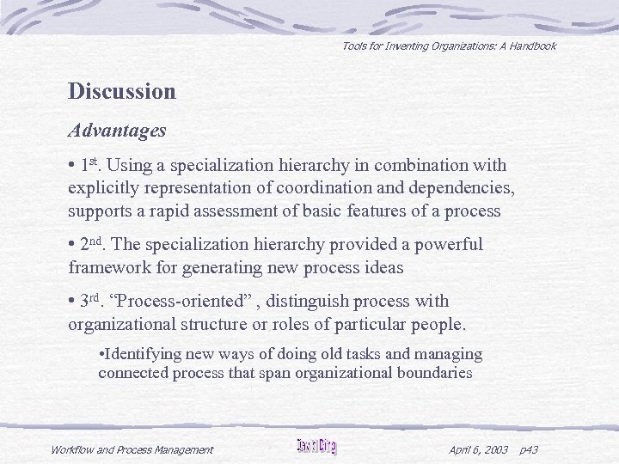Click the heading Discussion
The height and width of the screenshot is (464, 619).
point(122,91)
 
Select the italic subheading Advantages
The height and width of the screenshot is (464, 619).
point(117,131)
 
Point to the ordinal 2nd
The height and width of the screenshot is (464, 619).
point(93,245)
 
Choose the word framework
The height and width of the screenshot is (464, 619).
point(106,268)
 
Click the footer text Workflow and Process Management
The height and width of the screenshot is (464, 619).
point(132,449)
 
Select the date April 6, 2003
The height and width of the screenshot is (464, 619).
point(478,449)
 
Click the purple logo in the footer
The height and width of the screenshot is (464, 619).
point(316,447)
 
